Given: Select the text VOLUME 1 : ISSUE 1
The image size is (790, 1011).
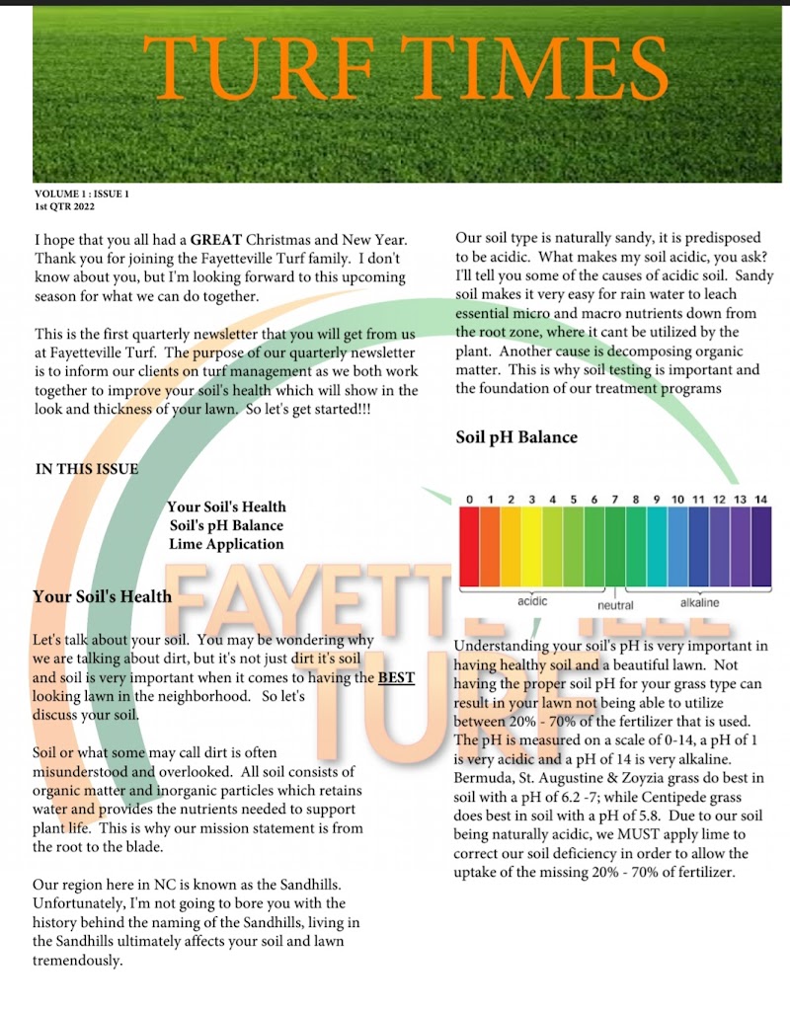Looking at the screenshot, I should tap(82, 194).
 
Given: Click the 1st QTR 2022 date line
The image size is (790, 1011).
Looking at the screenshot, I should tap(64, 206).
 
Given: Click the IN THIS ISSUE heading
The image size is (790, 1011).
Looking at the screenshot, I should tap(87, 468).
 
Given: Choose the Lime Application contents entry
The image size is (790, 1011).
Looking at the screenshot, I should tap(226, 544).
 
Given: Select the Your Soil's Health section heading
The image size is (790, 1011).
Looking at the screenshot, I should tap(102, 596).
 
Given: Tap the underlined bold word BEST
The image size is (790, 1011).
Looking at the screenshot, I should tap(397, 677).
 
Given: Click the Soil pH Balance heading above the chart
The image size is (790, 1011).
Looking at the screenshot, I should tap(516, 437).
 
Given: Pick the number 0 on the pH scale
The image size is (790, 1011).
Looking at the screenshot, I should tap(470, 500).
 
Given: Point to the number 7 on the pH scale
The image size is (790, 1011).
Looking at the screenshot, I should tap(615, 500).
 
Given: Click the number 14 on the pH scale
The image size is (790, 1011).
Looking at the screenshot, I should tap(760, 500).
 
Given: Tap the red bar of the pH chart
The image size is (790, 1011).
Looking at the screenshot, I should tap(470, 546).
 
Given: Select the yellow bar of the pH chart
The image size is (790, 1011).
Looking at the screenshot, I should tap(532, 546).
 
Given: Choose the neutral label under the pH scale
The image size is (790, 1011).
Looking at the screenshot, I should tap(615, 605).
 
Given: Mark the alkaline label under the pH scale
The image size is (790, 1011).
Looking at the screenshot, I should tap(699, 602).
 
